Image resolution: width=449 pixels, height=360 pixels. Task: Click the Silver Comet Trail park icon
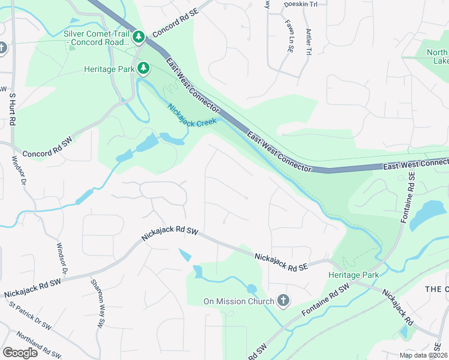point(139,38)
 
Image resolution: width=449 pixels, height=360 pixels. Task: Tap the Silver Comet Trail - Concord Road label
point(97,38)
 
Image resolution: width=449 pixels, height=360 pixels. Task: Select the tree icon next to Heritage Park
point(143,68)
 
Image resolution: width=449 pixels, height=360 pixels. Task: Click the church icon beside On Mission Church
point(283,301)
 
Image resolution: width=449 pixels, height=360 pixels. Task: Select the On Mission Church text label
point(238,301)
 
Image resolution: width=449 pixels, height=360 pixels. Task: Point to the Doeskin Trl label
point(295,4)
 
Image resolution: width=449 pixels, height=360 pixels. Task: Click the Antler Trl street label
point(309,42)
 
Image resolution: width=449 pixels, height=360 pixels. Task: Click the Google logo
point(20,353)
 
